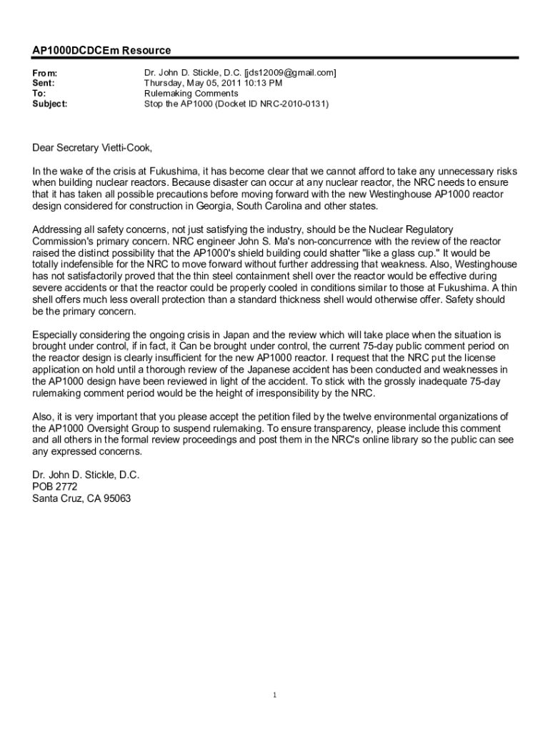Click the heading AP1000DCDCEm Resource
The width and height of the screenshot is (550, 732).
tap(101, 50)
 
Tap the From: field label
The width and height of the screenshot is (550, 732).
tap(45, 74)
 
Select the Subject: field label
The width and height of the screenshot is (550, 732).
tap(50, 104)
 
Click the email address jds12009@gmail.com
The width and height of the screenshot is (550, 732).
tap(290, 74)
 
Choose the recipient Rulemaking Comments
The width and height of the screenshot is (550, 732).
tap(191, 94)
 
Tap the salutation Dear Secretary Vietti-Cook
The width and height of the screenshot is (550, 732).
tap(92, 148)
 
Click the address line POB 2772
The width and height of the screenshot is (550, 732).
tap(55, 486)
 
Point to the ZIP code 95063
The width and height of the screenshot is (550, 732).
tap(117, 498)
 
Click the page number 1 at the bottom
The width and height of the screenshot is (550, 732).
tap(274, 695)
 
